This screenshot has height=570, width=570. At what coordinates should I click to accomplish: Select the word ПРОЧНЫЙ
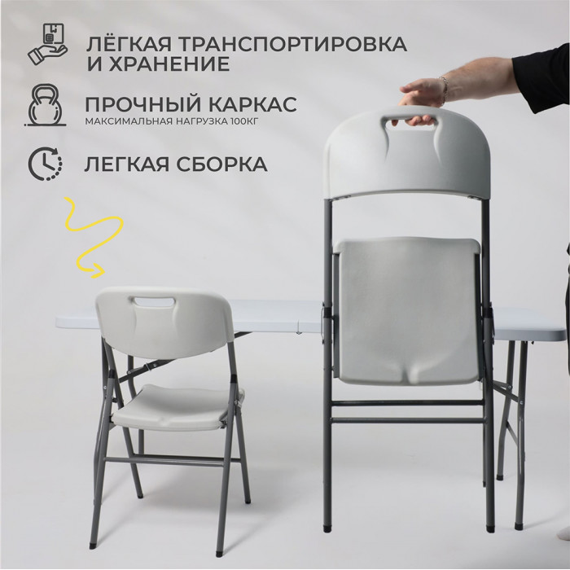pos(142,104)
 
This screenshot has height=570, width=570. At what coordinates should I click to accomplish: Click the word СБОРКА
pos(221,164)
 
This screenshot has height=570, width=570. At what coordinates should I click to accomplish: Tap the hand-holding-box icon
pos(47,44)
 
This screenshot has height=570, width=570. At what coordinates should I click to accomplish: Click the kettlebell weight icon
pos(46,105)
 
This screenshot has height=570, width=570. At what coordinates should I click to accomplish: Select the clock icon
pos(46,163)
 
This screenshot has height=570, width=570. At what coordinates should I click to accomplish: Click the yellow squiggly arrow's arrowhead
pos(99,271)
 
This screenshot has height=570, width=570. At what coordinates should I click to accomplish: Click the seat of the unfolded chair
pos(178,407)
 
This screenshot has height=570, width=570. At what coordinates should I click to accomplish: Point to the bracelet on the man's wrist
pos(444,88)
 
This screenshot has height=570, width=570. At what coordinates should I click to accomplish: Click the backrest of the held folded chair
pos(408,153)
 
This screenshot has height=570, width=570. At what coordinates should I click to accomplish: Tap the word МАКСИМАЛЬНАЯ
pos(129,121)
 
